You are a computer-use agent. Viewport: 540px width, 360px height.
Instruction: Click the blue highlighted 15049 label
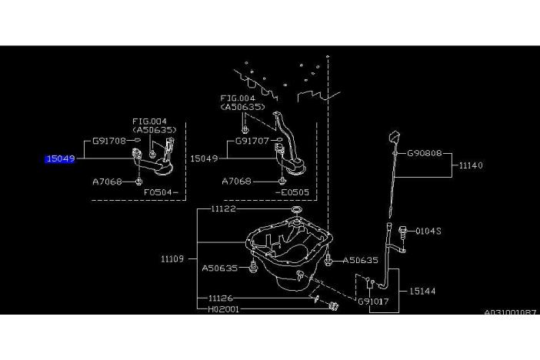tap(60, 158)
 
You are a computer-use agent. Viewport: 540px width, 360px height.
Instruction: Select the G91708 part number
tap(109, 141)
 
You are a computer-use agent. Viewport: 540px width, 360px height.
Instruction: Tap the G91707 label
tap(252, 141)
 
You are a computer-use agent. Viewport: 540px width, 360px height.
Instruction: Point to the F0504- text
tap(161, 192)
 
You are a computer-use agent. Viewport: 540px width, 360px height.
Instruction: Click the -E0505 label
tap(292, 192)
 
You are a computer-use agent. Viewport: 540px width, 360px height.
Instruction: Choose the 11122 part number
tap(224, 208)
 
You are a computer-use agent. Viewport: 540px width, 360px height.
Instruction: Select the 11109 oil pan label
tap(172, 258)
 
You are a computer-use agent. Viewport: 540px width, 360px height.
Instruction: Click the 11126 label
tap(221, 298)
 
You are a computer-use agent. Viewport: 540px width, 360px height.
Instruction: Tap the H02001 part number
tap(224, 309)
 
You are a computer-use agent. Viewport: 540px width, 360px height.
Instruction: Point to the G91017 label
tap(373, 302)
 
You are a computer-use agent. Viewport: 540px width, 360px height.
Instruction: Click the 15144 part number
tap(422, 292)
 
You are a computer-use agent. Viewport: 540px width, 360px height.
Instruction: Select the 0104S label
tap(428, 232)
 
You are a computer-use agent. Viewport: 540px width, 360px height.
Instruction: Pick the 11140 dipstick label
tap(471, 165)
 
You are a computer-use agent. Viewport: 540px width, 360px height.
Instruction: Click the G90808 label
tap(425, 153)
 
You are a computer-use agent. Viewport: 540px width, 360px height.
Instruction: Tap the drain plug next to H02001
tap(333, 306)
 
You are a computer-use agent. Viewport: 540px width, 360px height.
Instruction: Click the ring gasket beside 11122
tap(296, 209)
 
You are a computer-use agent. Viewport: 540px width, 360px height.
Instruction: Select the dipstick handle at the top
tap(395, 137)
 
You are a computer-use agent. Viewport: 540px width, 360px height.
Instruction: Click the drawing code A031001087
tap(510, 313)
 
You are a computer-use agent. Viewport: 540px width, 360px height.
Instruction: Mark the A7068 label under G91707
tap(237, 182)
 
